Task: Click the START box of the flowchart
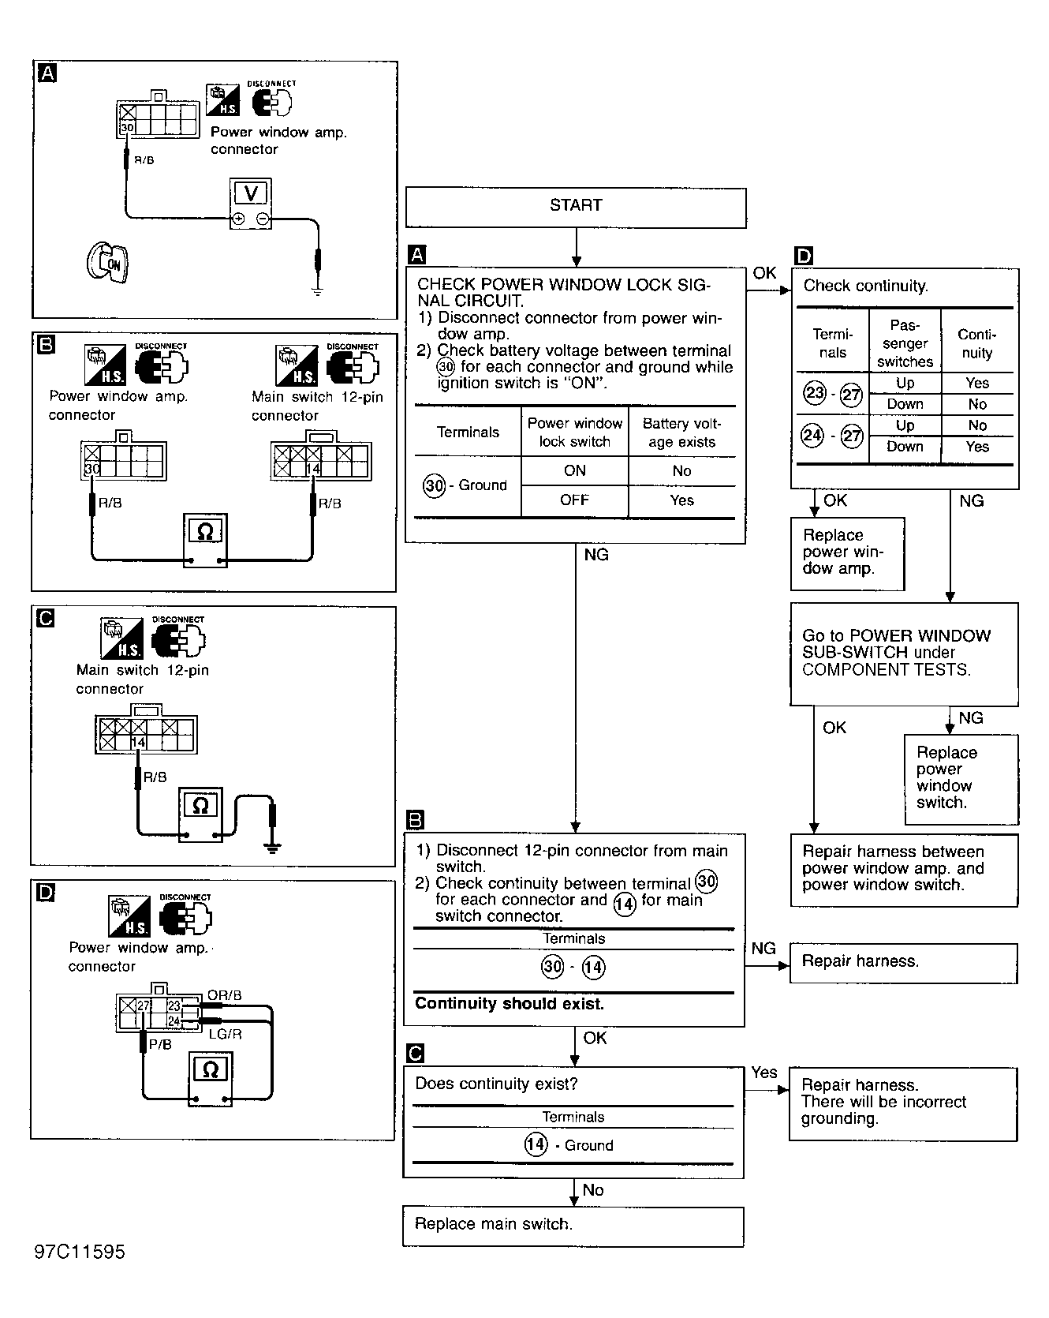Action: tap(576, 208)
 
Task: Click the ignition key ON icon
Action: tap(107, 263)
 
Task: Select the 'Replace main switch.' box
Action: tap(573, 1226)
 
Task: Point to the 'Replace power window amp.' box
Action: tap(847, 553)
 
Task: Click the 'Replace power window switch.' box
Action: tap(961, 779)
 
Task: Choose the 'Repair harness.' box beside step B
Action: tap(903, 962)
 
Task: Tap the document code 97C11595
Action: tap(80, 1252)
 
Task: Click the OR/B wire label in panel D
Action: tap(224, 996)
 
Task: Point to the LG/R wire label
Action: tap(225, 1034)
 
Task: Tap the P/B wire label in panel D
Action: tap(160, 1044)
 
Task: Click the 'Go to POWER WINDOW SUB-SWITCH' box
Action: tap(904, 654)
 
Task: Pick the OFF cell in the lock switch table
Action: tap(574, 500)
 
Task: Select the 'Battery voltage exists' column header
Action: tap(681, 432)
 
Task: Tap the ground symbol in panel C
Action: tap(272, 849)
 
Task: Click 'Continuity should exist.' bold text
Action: tap(510, 1004)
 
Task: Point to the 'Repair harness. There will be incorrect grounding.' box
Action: tap(903, 1104)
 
